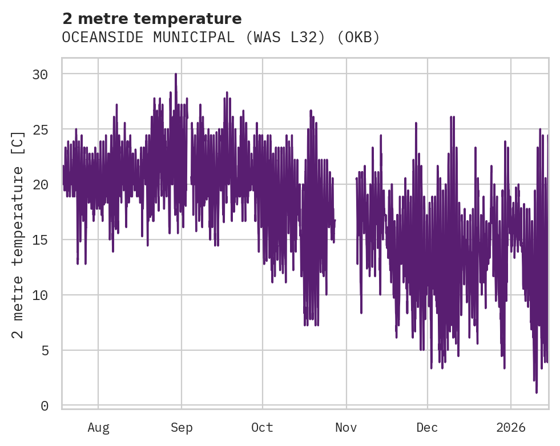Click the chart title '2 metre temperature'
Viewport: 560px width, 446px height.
coord(152,19)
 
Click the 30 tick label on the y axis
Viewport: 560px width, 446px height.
coord(39,74)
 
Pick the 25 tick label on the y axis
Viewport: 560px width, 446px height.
coord(39,129)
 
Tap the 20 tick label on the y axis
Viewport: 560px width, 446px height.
coord(39,185)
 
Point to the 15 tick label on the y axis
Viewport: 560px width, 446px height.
coord(39,240)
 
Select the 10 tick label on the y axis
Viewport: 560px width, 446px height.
coord(39,295)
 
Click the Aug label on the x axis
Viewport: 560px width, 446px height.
coord(98,428)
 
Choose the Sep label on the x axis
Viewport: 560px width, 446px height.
coord(182,428)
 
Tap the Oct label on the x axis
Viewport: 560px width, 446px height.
coord(263,428)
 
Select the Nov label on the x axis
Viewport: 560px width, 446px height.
coord(346,428)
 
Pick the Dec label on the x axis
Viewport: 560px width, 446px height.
coord(427,428)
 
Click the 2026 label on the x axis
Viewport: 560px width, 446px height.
coord(510,428)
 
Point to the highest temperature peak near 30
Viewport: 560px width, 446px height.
coord(176,74)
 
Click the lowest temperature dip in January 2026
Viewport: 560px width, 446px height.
coord(537,392)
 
